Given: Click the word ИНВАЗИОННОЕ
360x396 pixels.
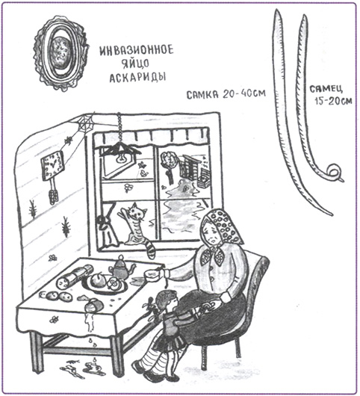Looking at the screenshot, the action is [x=137, y=50].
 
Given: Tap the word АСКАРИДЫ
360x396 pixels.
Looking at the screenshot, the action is [x=138, y=77].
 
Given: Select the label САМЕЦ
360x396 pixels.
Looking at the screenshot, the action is [x=326, y=89].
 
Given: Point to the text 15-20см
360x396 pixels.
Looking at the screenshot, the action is [x=333, y=101].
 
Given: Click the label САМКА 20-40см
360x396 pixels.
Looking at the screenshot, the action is [x=226, y=94].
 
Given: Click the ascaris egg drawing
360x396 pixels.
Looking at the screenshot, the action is [x=60, y=53].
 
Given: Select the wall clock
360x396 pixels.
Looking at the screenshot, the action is [x=53, y=165].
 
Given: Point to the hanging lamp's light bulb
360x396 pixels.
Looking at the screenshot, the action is [x=122, y=158].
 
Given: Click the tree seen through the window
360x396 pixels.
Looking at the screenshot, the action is [x=168, y=167].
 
